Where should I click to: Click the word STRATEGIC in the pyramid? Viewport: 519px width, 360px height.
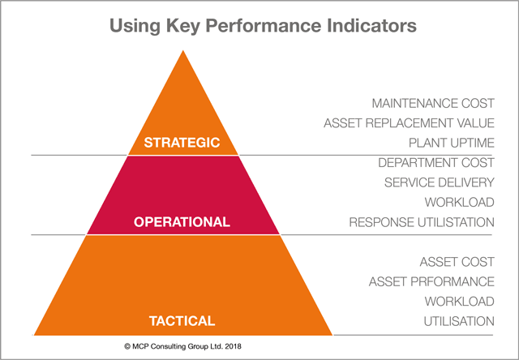182,143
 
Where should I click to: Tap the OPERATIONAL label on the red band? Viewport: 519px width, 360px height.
182,221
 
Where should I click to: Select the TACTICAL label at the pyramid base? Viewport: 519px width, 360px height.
182,321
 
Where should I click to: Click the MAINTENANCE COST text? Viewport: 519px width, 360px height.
433,103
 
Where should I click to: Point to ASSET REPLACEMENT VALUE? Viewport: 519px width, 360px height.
409,123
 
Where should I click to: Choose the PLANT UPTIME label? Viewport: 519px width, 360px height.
452,143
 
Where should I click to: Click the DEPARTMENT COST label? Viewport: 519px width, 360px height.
436,163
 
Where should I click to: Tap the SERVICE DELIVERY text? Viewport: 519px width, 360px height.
440,182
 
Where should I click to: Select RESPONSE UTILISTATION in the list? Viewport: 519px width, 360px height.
422,222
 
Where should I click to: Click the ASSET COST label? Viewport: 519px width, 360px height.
457,262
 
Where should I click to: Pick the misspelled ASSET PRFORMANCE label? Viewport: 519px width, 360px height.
431,281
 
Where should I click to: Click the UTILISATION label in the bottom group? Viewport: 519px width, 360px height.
459,321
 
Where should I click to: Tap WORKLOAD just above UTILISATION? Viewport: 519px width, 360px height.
460,302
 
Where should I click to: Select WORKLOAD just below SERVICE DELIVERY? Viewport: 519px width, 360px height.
460,202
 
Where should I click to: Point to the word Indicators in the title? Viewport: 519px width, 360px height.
371,25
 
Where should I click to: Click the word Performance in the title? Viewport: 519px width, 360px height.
264,25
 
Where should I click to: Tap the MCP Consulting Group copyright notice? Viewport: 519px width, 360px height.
182,346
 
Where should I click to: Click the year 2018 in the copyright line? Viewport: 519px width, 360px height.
233,346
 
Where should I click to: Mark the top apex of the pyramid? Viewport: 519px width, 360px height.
183,50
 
